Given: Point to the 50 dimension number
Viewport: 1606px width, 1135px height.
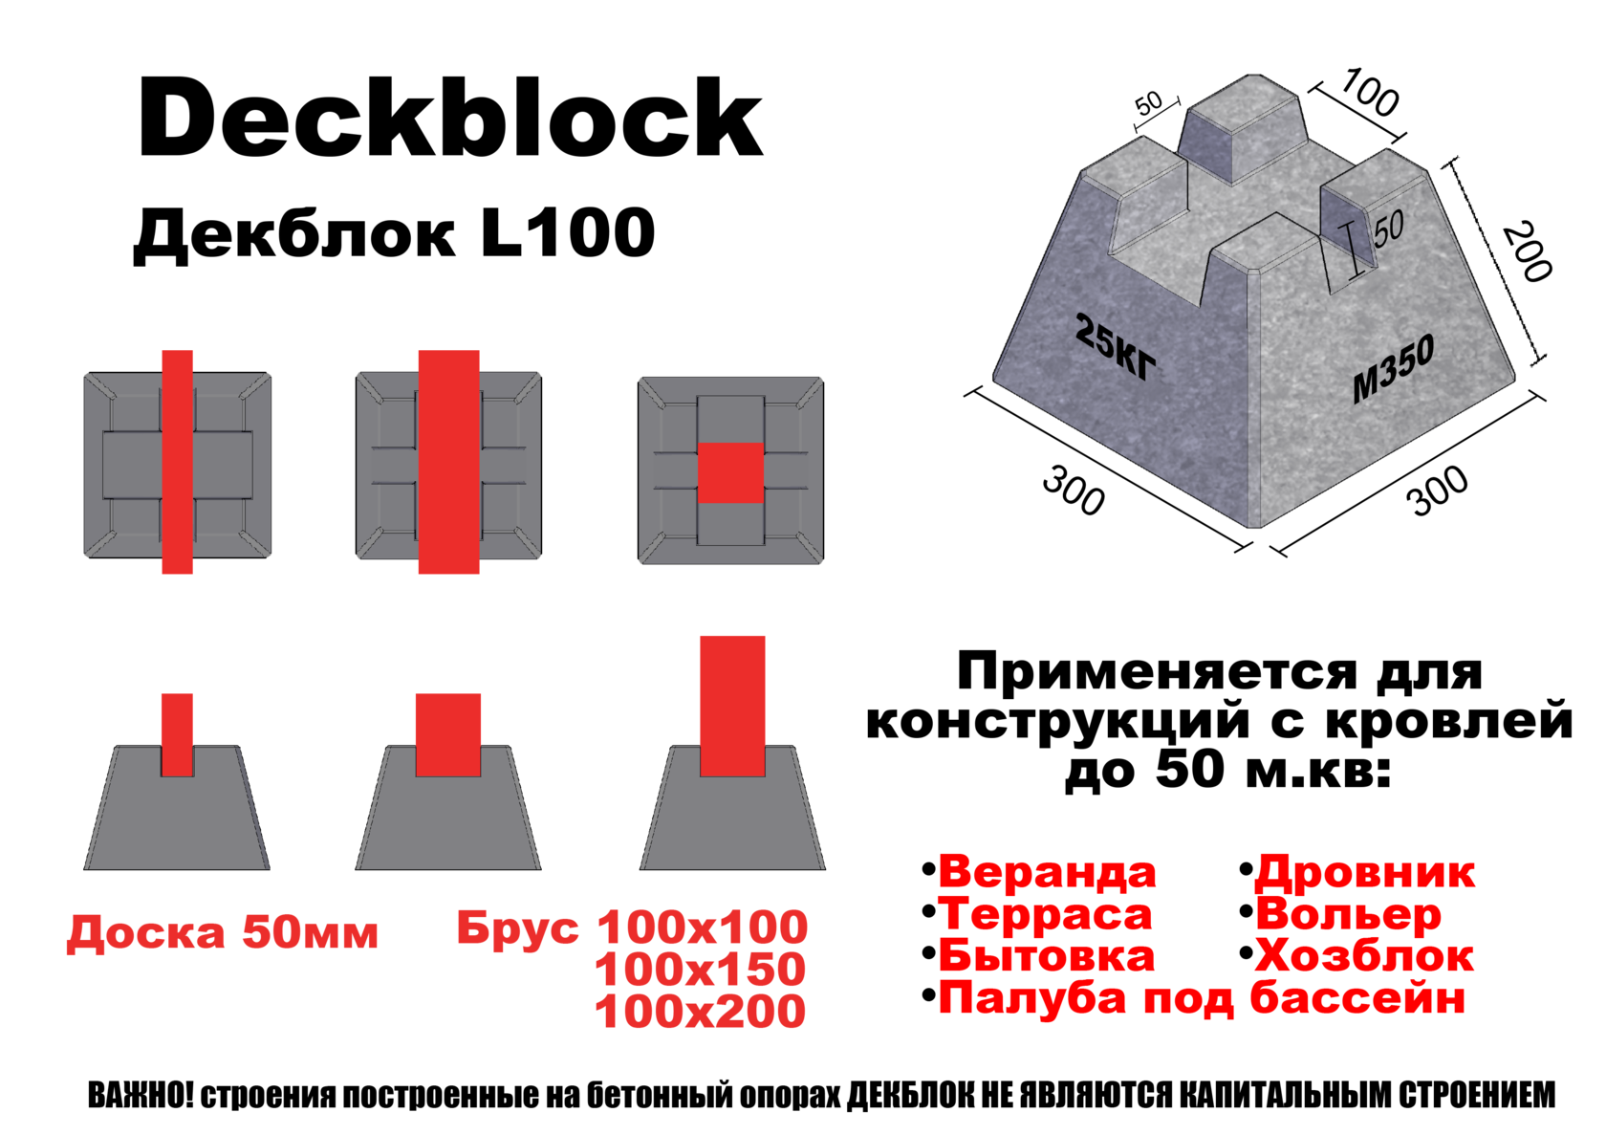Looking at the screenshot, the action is [x=1389, y=228].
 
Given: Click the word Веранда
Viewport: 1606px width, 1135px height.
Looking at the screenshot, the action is [x=1047, y=872].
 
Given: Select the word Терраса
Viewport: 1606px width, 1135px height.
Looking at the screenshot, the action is [x=1045, y=914].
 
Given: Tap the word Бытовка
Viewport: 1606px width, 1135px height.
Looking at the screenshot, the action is [x=1047, y=956].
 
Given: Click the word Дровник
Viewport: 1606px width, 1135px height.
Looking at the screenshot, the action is [x=1365, y=872].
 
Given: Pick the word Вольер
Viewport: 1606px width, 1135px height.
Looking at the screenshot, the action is [x=1348, y=914].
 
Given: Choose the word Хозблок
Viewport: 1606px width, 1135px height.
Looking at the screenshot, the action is [x=1364, y=956].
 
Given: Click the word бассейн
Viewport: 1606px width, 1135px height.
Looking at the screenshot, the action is [x=1357, y=999].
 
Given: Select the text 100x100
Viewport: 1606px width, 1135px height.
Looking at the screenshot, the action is [x=703, y=928].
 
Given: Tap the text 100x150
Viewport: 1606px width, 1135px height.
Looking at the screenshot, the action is [x=701, y=970].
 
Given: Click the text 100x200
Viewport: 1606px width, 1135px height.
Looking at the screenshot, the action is [x=701, y=1012].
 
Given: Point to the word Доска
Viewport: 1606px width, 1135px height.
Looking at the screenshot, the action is [x=146, y=932].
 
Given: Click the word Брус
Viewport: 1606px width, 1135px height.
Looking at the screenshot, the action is [x=517, y=928].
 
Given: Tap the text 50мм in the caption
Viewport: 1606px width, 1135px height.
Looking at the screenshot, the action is [x=310, y=932].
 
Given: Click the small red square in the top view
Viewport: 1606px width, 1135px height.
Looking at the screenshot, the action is [x=730, y=472].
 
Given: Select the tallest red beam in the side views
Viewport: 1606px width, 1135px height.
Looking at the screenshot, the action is [x=732, y=705].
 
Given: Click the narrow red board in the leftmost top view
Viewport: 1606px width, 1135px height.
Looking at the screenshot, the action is [x=177, y=462].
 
